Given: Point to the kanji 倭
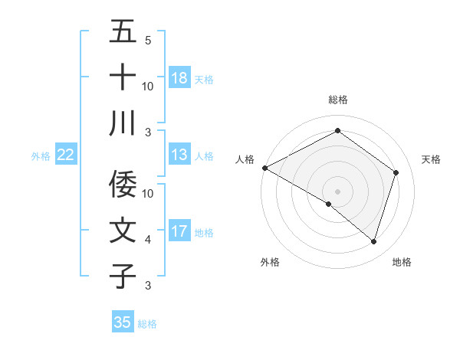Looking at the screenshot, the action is tap(123, 184).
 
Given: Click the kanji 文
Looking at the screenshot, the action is tap(123, 231).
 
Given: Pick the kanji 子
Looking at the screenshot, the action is tap(123, 276).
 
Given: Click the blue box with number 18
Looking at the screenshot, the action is tap(179, 78).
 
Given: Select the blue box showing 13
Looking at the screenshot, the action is tap(179, 155).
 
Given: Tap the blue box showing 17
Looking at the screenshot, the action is tap(179, 231).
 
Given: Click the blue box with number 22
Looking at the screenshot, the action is tap(66, 155).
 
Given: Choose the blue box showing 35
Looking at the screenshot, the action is tap(123, 322).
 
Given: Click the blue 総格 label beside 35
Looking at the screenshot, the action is tap(147, 324).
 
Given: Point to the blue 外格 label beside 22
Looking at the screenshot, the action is tap(41, 156).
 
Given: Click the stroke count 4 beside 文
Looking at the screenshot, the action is tap(148, 240).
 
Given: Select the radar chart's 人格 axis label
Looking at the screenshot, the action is tap(245, 159).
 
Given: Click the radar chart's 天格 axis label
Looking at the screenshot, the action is tap(432, 159).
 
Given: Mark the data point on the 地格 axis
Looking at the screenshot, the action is tap(374, 242).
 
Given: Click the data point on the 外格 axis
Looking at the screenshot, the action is tap(329, 204).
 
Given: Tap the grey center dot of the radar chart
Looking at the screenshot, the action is tap(337, 191).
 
